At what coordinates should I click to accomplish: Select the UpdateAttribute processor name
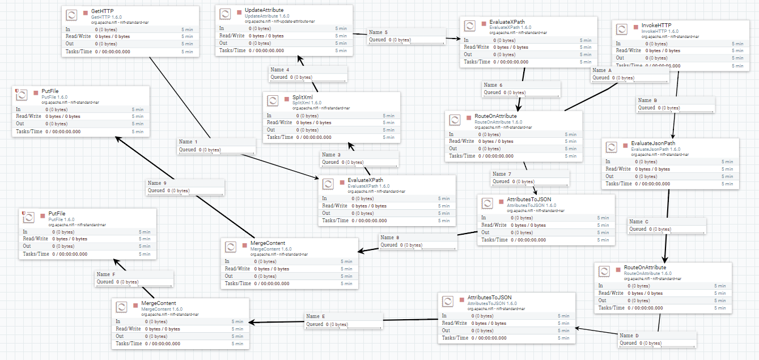(x=264, y=10)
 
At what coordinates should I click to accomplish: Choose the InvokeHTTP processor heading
(x=656, y=26)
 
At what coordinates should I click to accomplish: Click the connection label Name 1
(x=189, y=142)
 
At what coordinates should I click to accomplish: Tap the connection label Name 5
(x=378, y=32)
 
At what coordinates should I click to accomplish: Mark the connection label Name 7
(x=502, y=174)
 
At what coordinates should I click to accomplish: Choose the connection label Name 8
(x=390, y=238)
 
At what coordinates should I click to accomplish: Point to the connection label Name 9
(x=158, y=183)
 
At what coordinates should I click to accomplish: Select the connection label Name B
(x=648, y=100)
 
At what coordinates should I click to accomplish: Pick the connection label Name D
(x=629, y=336)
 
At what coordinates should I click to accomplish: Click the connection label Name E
(x=316, y=317)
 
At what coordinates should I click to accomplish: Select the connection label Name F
(x=106, y=274)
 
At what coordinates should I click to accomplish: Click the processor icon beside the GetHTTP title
(x=72, y=15)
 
